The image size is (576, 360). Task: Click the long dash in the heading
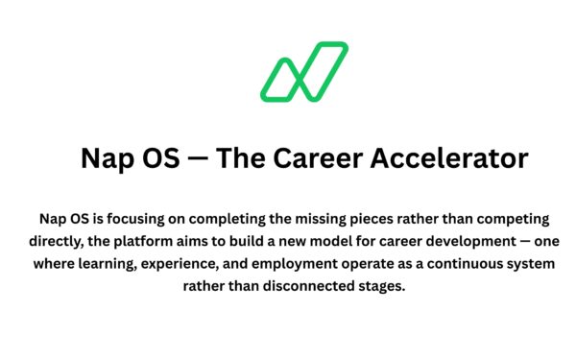198,158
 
